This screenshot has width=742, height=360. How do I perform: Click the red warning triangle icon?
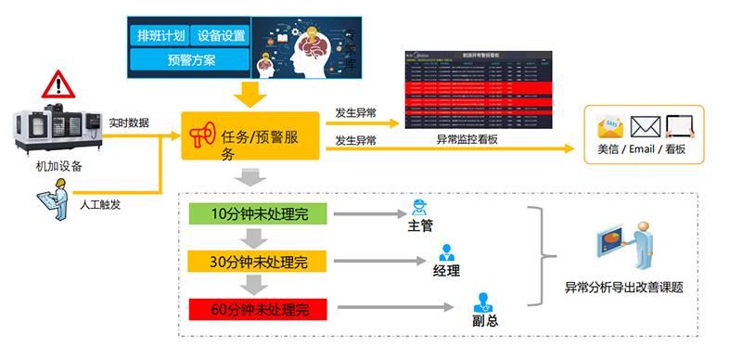point(58,85)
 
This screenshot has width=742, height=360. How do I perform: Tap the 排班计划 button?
point(160,36)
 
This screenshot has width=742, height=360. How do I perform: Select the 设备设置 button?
point(222,36)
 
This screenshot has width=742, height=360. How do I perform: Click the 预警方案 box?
point(190,60)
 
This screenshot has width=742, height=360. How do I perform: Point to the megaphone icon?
point(201,136)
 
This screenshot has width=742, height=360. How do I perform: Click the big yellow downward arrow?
point(248,94)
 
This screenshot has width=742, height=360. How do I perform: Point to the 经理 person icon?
point(446,252)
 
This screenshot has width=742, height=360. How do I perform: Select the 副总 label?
point(480,321)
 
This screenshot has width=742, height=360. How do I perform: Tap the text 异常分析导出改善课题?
point(623,289)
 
